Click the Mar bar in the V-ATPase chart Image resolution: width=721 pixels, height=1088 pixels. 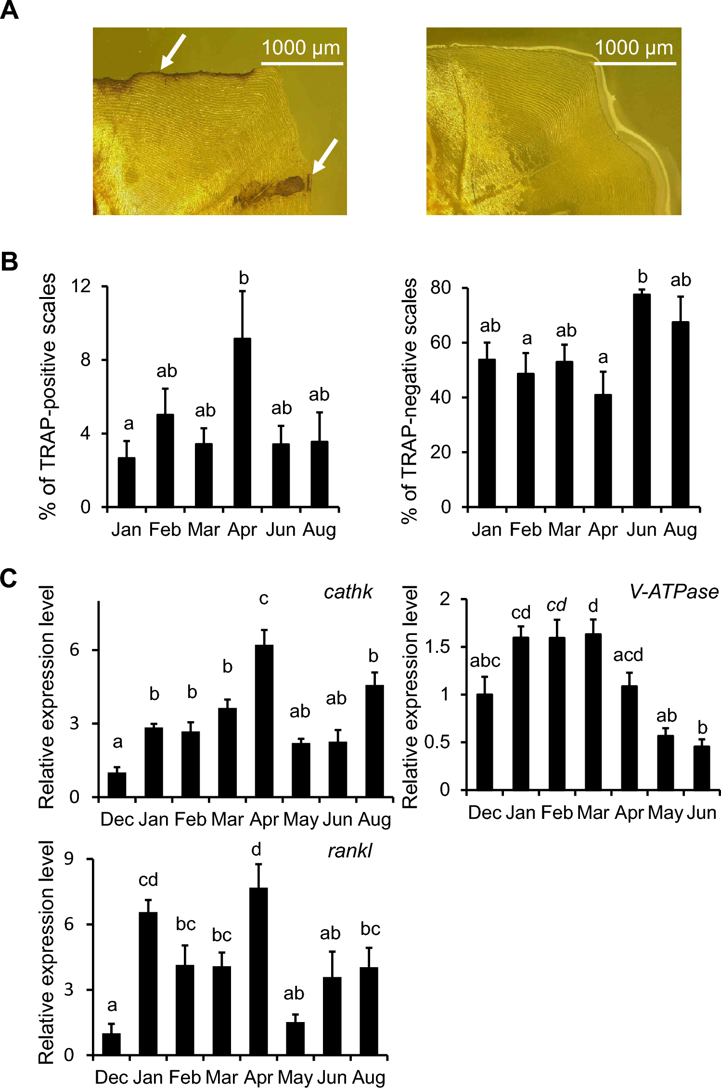(593, 712)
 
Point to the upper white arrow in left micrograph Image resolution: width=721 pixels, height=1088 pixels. (173, 52)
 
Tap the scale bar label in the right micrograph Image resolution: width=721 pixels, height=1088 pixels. (634, 48)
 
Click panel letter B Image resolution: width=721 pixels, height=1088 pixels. (9, 262)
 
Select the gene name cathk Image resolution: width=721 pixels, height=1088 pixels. (348, 592)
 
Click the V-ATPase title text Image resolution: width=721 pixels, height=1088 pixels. (674, 591)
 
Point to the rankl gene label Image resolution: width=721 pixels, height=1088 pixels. (349, 851)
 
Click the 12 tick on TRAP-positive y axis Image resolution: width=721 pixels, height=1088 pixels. (80, 286)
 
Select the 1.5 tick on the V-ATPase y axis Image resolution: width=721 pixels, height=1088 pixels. (437, 647)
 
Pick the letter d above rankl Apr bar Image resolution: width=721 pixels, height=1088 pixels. (256, 850)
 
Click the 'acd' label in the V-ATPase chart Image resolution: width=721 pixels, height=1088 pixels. (628, 655)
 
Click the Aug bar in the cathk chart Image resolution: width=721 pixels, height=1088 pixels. (374, 741)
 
